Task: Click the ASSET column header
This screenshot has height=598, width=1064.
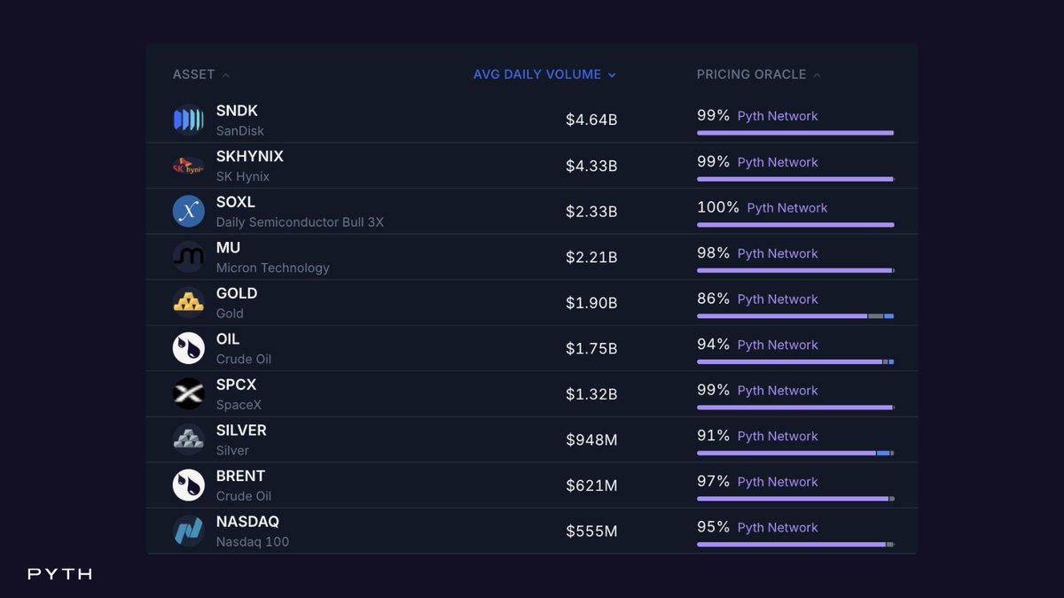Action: coord(194,74)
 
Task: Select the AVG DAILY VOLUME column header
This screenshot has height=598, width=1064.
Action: coord(537,74)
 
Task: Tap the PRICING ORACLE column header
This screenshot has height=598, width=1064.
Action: coord(752,74)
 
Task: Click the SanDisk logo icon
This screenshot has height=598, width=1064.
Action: coord(189,120)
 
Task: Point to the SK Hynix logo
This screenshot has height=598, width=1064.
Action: coord(189,166)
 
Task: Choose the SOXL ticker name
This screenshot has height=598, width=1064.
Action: coord(236,202)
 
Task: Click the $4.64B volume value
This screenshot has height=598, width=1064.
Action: coord(591,120)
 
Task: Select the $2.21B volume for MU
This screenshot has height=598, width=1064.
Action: coord(591,257)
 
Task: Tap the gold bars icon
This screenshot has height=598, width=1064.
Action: coord(189,302)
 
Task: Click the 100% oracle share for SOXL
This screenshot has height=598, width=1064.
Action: coord(717,207)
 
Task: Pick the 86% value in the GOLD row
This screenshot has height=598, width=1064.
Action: coord(713,299)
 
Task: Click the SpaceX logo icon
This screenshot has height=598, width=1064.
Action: coord(189,394)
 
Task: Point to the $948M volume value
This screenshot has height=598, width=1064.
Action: coord(591,440)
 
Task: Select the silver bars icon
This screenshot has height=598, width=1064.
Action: coord(189,439)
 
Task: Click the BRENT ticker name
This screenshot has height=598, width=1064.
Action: coord(241,476)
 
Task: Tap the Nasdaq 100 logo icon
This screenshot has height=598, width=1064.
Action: coord(189,531)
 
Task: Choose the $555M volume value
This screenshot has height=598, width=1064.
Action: coord(591,531)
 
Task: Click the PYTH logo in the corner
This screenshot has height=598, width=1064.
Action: coord(60,574)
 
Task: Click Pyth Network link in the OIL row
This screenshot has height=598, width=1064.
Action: coord(778,345)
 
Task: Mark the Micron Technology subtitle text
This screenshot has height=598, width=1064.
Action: coord(273,268)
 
